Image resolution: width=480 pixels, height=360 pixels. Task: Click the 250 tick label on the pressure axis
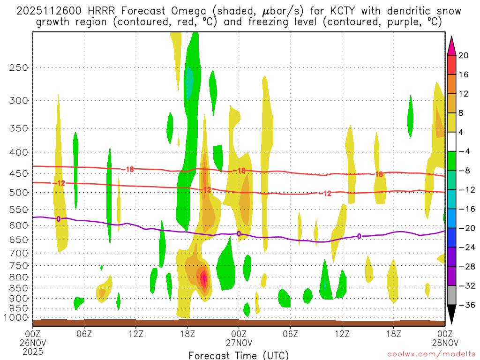(19, 67)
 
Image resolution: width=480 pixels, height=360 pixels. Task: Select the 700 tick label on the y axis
(19, 253)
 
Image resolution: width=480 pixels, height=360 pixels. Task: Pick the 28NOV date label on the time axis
(445, 342)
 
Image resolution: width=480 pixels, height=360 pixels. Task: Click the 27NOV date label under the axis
(239, 342)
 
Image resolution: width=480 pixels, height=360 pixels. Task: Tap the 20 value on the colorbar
(464, 55)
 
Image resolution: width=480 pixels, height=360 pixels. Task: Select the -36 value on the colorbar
(465, 305)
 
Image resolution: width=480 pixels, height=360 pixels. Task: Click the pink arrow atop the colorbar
(451, 45)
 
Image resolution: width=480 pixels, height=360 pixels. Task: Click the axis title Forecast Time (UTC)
(239, 355)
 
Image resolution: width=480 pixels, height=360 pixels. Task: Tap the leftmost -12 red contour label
(59, 183)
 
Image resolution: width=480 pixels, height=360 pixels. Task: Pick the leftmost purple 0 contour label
(59, 218)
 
